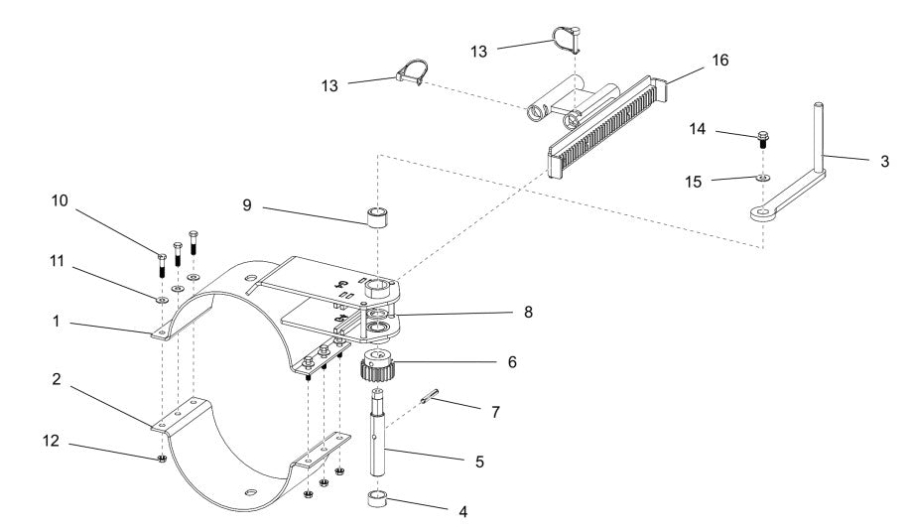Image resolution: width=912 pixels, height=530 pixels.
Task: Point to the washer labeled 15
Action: tap(760, 178)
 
